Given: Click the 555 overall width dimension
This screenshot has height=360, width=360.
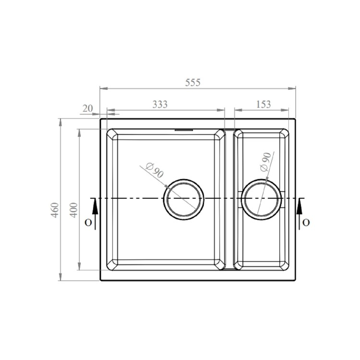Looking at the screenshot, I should pyautogui.click(x=192, y=82).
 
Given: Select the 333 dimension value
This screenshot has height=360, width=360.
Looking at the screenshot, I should pyautogui.click(x=160, y=104).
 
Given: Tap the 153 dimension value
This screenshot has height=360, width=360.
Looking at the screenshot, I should pyautogui.click(x=264, y=104).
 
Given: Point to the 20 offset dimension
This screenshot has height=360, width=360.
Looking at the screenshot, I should pyautogui.click(x=87, y=108).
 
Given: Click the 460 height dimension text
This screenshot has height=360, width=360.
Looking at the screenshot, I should pyautogui.click(x=55, y=210).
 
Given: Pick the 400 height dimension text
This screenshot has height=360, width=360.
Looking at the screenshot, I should pyautogui.click(x=74, y=210).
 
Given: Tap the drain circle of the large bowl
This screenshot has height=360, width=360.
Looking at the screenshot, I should pyautogui.click(x=184, y=200).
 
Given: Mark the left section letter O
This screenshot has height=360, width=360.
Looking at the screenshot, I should pyautogui.click(x=87, y=222).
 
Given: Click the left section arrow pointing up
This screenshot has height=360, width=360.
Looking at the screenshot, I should pyautogui.click(x=95, y=209).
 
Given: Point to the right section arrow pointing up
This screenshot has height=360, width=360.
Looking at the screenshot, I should pyautogui.click(x=300, y=209).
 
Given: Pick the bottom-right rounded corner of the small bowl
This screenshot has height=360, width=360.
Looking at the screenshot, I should pyautogui.click(x=285, y=264).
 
